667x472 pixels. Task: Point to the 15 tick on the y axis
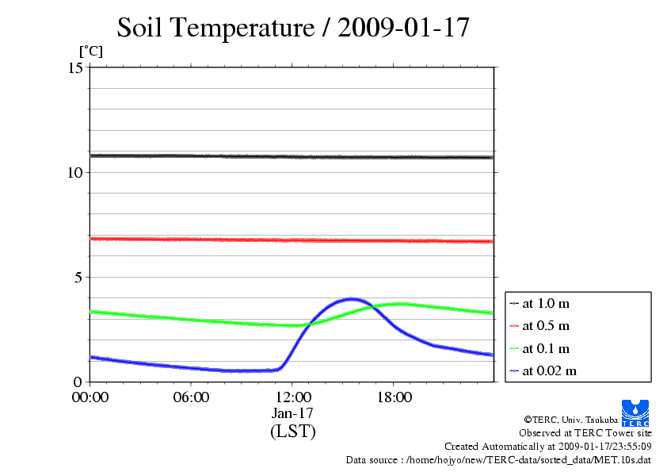(x=76, y=67)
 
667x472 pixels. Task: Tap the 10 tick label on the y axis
(x=76, y=172)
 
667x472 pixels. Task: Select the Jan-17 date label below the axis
(x=292, y=413)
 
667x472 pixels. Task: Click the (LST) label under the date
(x=292, y=432)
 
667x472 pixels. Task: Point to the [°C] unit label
(x=90, y=52)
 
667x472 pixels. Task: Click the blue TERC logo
(x=636, y=413)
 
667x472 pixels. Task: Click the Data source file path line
(x=498, y=460)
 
